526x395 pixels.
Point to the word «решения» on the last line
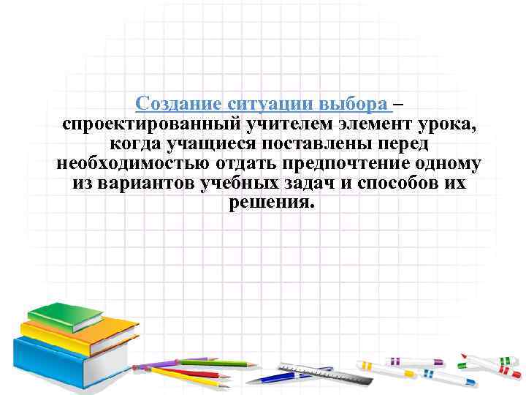pyautogui.click(x=270, y=202)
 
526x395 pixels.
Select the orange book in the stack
pyautogui.click(x=80, y=334)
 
